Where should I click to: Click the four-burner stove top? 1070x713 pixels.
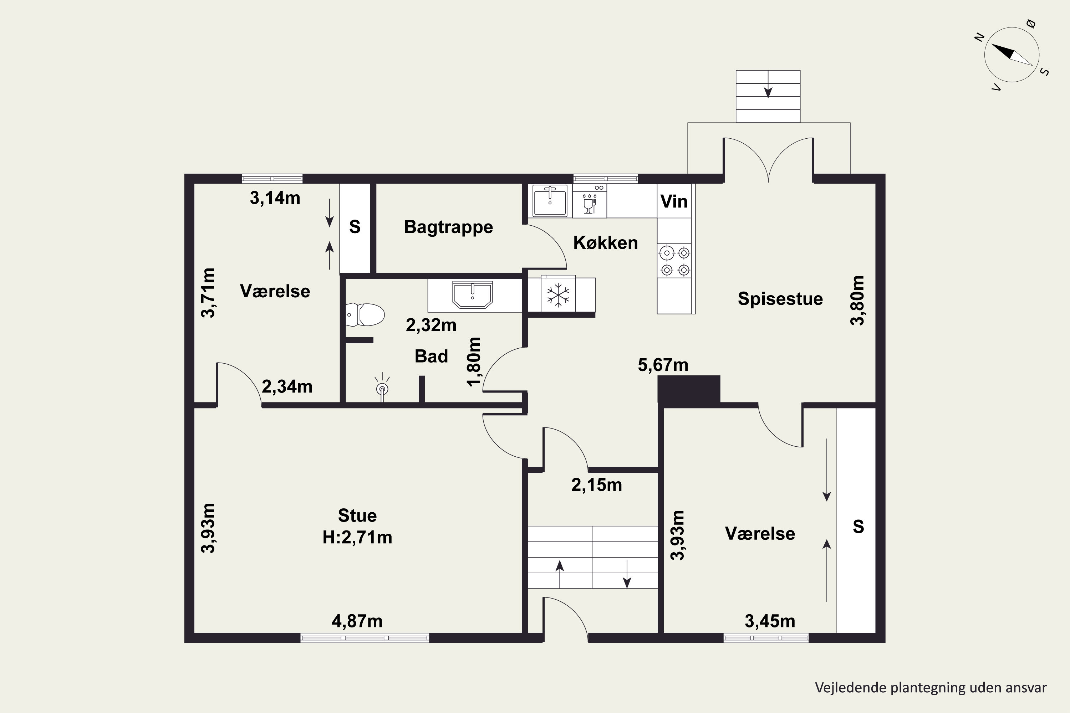pos(675,261)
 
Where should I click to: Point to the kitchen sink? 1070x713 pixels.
pos(550,200)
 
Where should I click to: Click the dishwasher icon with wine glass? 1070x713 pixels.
pos(590,200)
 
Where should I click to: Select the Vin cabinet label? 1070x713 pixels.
pos(674,201)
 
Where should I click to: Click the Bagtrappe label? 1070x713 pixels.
pos(449,227)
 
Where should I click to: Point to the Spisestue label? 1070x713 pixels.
pos(780,299)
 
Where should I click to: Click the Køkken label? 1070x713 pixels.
pos(606,243)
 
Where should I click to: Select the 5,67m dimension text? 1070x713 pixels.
pos(663,365)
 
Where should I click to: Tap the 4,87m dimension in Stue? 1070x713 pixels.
pos(357,621)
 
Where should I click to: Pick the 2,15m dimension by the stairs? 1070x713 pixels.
pos(596,485)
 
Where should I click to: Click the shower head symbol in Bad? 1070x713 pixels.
pos(382,387)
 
